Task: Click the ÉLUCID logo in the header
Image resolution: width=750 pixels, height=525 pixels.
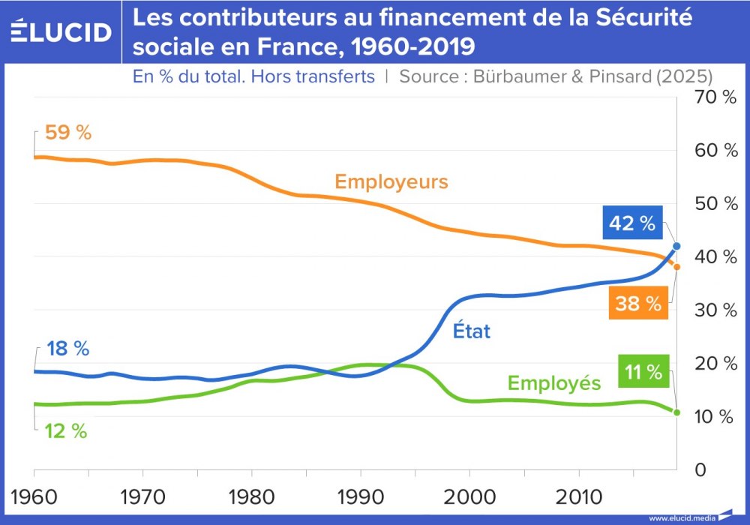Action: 61,31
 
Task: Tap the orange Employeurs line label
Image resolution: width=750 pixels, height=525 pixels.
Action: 391,181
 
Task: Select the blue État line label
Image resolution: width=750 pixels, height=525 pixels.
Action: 472,331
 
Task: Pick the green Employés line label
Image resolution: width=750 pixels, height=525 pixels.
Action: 554,383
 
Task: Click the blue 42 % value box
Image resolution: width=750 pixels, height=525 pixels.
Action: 632,223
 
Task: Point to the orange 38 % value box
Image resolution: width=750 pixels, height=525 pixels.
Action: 638,304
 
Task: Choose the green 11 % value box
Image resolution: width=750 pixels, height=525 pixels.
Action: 642,371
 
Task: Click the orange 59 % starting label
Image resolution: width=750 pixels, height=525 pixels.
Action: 67,133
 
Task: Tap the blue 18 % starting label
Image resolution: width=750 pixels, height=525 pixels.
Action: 67,349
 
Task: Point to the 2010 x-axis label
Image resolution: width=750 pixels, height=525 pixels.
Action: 578,496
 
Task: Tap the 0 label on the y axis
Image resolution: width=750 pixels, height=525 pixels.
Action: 700,470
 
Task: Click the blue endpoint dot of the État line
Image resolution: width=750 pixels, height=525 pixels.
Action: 676,246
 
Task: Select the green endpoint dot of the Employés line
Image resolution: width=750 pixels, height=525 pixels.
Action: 676,412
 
